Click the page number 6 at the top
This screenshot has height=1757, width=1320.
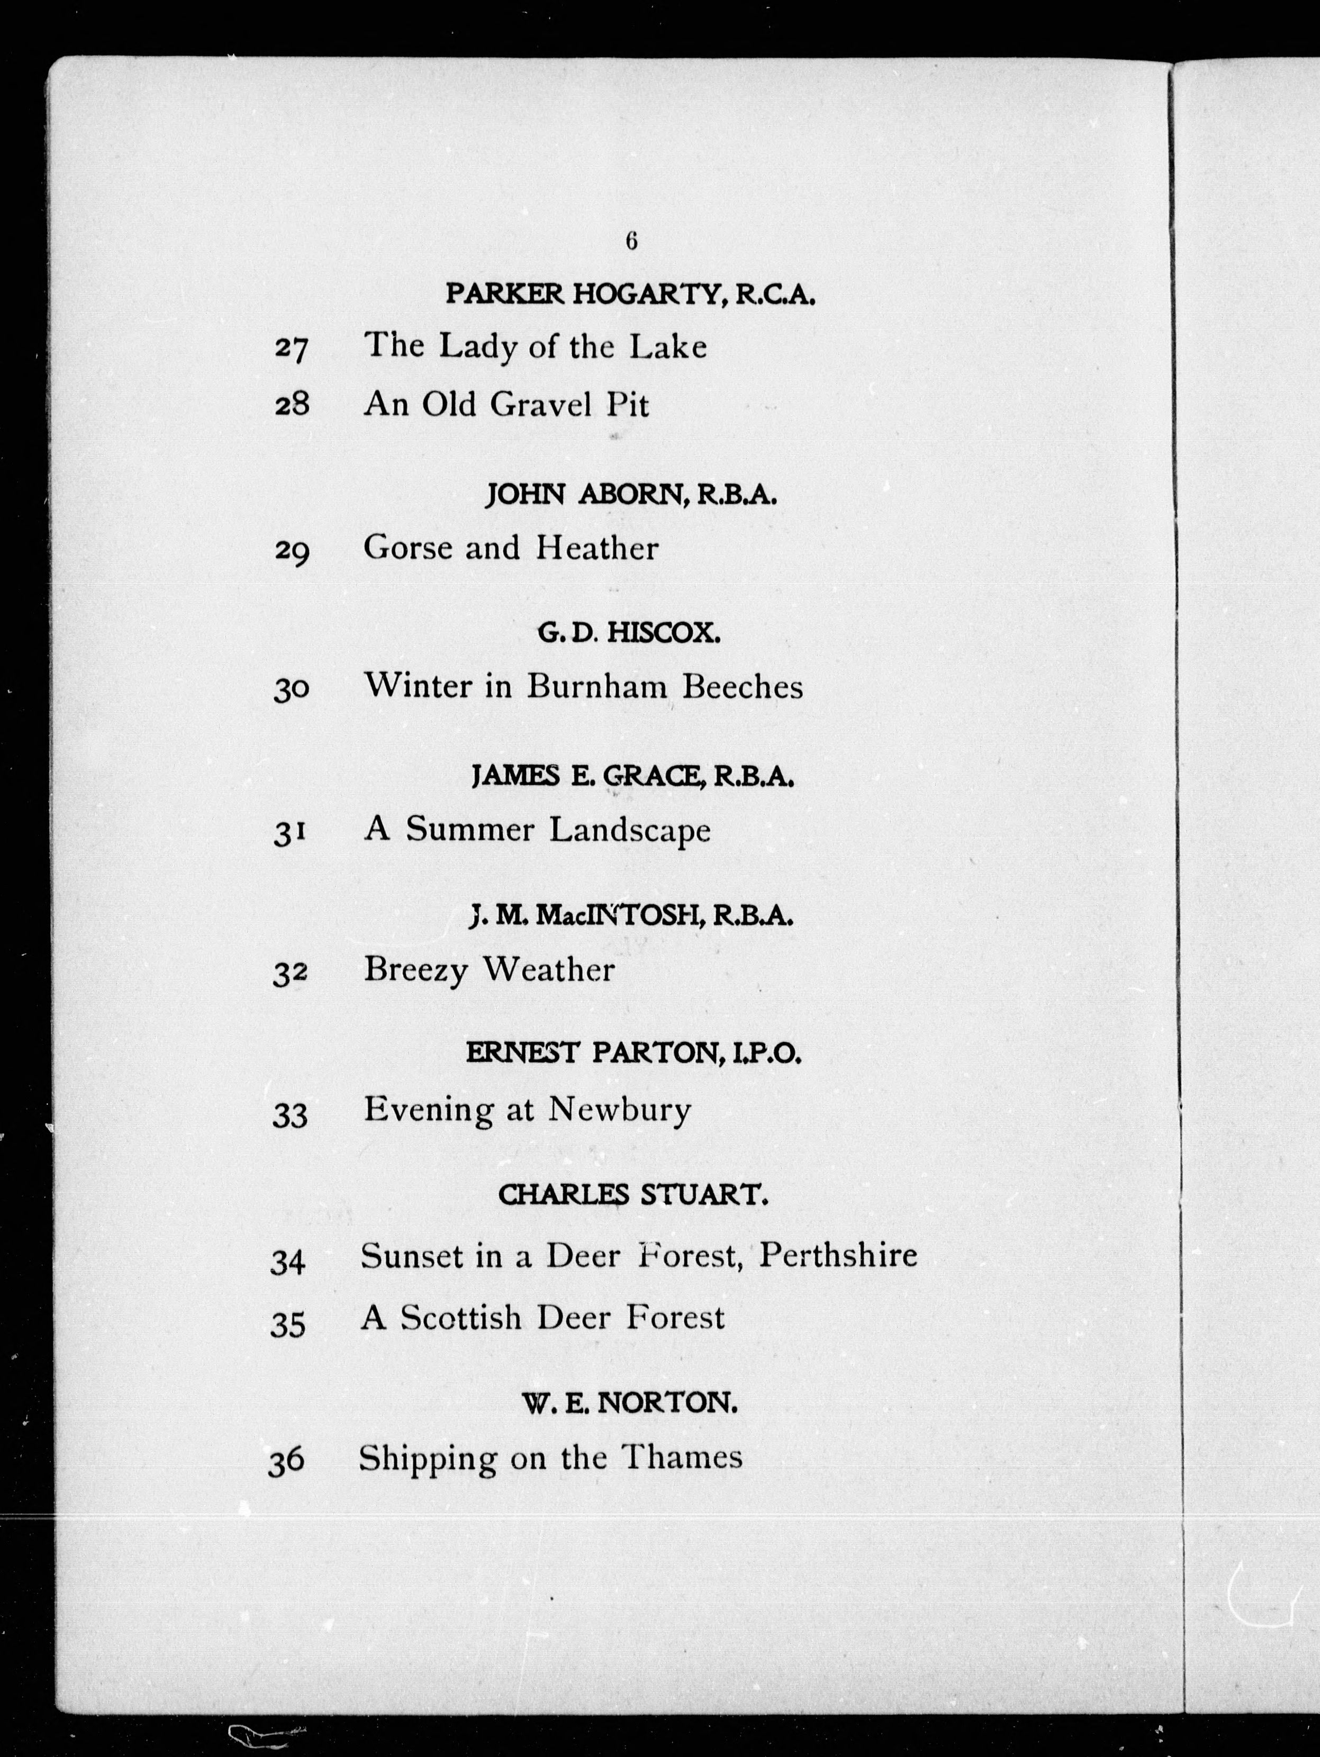pyautogui.click(x=631, y=241)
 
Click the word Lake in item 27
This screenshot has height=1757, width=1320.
pyautogui.click(x=668, y=346)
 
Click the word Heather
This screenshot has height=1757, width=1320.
pyautogui.click(x=597, y=548)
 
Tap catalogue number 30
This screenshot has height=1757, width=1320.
pyautogui.click(x=291, y=689)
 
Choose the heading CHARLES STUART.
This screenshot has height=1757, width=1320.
pyautogui.click(x=633, y=1196)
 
